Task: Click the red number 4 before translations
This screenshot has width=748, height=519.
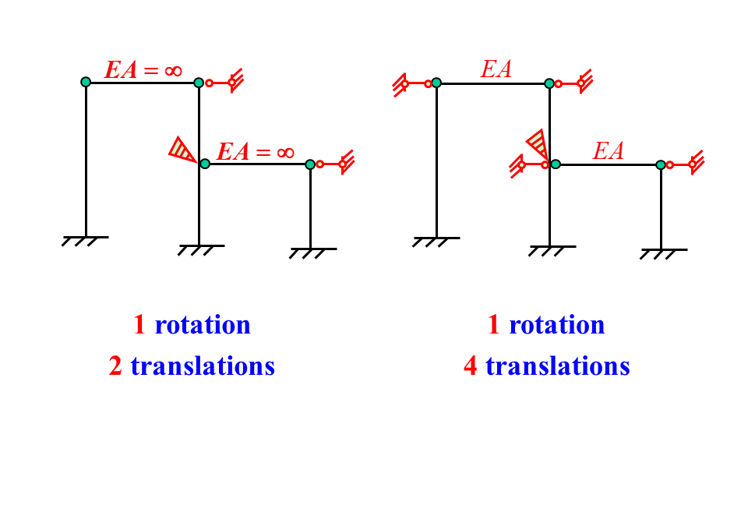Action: click(470, 365)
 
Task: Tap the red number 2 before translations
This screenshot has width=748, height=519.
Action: click(115, 365)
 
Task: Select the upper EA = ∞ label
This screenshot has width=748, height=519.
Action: click(144, 69)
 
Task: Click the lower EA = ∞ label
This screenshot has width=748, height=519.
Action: click(256, 151)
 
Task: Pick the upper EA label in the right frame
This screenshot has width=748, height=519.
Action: click(496, 69)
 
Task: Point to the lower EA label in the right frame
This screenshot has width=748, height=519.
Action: click(608, 151)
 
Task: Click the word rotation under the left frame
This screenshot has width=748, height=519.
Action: click(203, 325)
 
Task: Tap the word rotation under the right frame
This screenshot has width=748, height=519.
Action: click(556, 325)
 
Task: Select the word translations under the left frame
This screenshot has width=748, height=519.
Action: click(203, 365)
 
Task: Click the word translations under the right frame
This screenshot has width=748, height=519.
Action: click(557, 365)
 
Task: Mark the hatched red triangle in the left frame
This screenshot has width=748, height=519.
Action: click(183, 149)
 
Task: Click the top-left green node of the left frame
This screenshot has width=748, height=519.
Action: click(86, 82)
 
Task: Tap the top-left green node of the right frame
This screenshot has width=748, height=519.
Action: click(436, 83)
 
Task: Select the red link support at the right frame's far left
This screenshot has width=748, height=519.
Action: click(411, 84)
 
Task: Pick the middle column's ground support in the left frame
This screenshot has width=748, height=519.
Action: click(199, 249)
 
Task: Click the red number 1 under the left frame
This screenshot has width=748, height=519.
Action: click(139, 325)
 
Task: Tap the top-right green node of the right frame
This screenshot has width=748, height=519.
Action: click(549, 83)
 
